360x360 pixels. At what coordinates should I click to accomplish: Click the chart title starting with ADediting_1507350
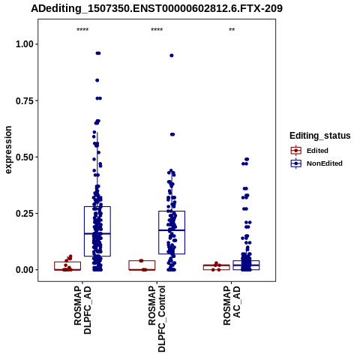157,8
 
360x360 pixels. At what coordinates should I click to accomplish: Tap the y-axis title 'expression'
8,150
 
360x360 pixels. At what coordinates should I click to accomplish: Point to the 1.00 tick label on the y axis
25,44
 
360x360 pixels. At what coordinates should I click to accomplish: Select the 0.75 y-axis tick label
25,100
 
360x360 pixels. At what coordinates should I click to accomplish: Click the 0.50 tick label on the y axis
25,157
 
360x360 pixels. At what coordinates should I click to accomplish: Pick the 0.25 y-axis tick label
25,214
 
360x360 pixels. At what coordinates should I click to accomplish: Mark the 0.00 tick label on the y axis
25,270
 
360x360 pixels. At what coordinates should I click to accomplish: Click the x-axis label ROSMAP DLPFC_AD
82,310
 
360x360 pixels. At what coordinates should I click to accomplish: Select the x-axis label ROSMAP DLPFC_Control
157,319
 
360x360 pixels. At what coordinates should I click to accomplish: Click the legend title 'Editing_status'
320,136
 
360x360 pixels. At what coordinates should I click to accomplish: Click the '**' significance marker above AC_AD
232,30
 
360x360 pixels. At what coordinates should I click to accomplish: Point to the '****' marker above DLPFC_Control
157,30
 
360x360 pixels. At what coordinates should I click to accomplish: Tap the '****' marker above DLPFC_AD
82,30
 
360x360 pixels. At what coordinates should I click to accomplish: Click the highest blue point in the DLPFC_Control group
172,55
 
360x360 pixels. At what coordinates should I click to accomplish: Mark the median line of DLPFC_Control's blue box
172,230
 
